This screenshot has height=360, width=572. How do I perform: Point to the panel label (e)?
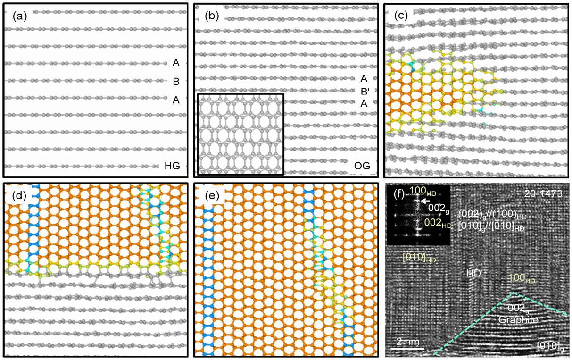tap(212, 194)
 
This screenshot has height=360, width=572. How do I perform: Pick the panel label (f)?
tap(397, 193)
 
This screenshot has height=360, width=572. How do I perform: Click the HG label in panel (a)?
tap(173, 165)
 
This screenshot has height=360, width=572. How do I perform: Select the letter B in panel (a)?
tap(176, 82)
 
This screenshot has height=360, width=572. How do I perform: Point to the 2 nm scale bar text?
tap(405, 341)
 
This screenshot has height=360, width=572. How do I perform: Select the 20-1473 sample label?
tap(544, 194)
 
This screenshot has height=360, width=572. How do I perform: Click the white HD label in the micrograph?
tap(473, 273)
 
